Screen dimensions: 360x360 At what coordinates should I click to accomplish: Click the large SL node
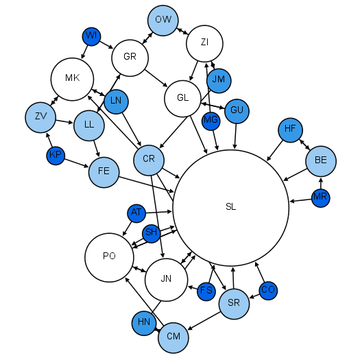(230, 207)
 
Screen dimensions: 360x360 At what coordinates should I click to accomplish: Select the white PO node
(108, 256)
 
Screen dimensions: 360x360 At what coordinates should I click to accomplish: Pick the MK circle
(73, 78)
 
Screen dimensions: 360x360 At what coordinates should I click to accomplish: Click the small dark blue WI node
(92, 36)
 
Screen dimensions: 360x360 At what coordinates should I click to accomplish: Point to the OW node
(163, 20)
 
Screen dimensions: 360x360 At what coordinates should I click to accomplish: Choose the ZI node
(204, 43)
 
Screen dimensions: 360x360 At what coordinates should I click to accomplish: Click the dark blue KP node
(56, 156)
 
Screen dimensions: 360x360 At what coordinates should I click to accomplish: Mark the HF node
(290, 129)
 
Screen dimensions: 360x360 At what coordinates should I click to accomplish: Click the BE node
(321, 160)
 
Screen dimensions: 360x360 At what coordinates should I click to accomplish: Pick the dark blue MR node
(320, 198)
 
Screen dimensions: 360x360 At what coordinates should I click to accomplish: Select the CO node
(268, 290)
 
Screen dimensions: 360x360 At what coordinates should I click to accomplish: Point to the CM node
(173, 336)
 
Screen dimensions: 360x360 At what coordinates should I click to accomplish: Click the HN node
(144, 322)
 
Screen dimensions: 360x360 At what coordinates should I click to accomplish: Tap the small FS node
(206, 291)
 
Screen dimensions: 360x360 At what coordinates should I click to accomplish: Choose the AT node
(136, 213)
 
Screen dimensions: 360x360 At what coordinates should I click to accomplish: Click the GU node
(237, 110)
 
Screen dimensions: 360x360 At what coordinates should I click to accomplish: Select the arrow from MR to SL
(300, 200)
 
